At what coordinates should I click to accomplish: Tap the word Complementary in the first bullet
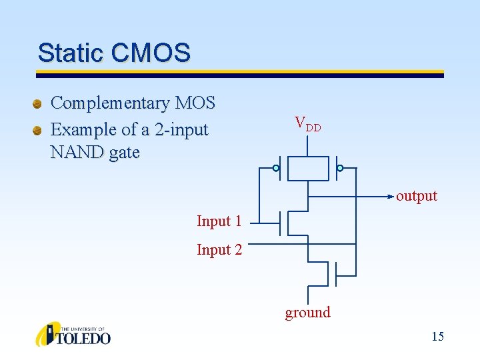point(110,103)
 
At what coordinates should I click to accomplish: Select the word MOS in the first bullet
point(195,103)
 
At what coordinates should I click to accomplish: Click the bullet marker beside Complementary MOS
point(39,104)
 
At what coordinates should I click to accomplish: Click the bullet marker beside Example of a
point(39,129)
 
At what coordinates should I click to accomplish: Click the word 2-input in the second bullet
point(181,129)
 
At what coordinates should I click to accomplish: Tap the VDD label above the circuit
point(307,123)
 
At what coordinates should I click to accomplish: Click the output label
point(417,196)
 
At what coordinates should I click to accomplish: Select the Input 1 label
point(219,221)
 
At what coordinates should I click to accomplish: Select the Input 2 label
point(219,250)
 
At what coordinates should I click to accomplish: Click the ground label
point(307,313)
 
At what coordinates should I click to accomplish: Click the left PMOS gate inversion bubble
point(276,168)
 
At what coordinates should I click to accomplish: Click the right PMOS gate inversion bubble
point(340,168)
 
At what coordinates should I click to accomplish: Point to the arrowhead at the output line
point(391,197)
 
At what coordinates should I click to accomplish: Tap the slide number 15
point(437,337)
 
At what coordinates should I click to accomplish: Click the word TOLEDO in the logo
point(85,339)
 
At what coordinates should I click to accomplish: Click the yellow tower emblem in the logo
point(47,334)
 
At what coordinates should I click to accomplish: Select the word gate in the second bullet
point(125,153)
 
